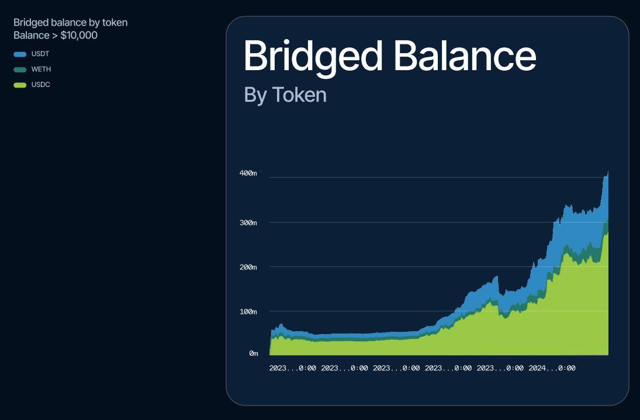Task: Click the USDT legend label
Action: point(40,54)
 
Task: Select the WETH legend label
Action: point(41,70)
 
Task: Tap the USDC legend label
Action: point(41,85)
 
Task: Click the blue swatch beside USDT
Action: point(20,54)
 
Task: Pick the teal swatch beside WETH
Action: point(20,70)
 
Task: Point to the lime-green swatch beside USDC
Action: point(20,85)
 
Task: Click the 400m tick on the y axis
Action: point(248,173)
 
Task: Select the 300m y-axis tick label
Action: point(248,223)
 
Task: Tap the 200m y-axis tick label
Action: point(248,267)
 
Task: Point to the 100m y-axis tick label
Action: point(248,311)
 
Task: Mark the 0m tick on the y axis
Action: point(254,353)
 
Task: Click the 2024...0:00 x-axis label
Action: point(552,368)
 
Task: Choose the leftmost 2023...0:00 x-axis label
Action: point(293,368)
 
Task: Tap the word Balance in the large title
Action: point(465,56)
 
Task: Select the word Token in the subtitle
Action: point(299,95)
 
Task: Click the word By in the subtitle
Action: point(255,96)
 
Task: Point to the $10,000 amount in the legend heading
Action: point(79,36)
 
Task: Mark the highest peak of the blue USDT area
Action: point(608,172)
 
